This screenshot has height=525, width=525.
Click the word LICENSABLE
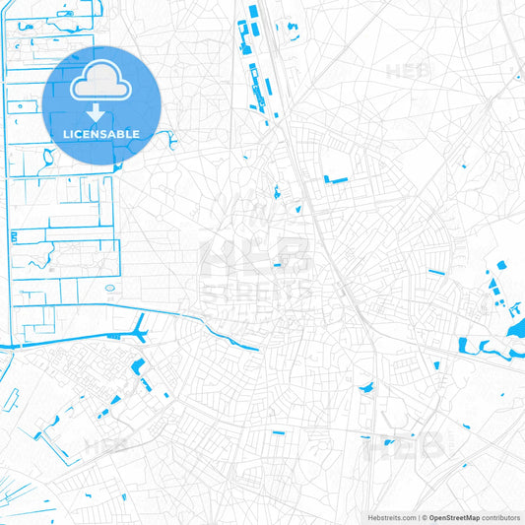coord(102,134)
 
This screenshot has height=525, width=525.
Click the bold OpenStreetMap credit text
coord(453,516)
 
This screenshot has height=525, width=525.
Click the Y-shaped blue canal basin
coord(141,330)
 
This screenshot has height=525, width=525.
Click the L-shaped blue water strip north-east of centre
coord(336,179)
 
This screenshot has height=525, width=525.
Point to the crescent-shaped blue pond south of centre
coord(366,389)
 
